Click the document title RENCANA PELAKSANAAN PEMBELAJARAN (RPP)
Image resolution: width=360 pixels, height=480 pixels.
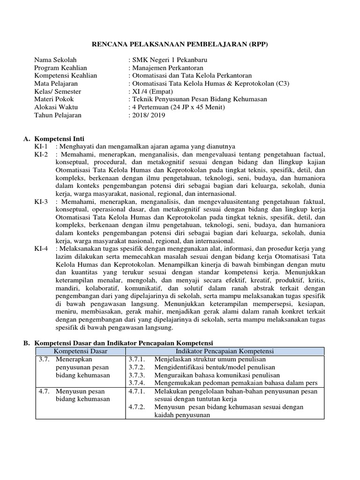pyautogui.click(x=180, y=44)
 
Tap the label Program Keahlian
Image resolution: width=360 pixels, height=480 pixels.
pyautogui.click(x=57, y=67)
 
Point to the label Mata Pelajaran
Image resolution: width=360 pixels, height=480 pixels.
pyautogui.click(x=54, y=83)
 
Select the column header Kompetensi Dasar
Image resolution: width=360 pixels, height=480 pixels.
pyautogui.click(x=80, y=351)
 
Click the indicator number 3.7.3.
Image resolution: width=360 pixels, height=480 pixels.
pyautogui.click(x=137, y=375)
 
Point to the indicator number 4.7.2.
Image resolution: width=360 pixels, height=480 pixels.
pyautogui.click(x=137, y=407)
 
